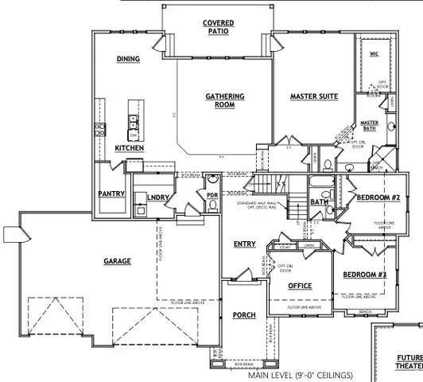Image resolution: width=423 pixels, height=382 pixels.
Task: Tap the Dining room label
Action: click(x=128, y=59)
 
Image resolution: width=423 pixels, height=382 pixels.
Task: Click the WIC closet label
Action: click(x=374, y=54)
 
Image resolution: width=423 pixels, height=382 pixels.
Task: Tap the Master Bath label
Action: click(x=371, y=125)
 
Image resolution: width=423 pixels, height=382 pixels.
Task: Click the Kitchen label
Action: click(x=129, y=148)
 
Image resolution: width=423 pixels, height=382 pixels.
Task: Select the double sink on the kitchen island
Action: click(x=134, y=122)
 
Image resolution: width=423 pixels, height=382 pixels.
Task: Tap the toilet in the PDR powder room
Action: click(x=213, y=205)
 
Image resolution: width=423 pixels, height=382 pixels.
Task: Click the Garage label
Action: click(x=117, y=260)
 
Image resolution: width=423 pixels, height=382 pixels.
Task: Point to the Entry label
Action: click(x=244, y=244)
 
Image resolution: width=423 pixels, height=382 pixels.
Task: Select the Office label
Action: click(x=300, y=286)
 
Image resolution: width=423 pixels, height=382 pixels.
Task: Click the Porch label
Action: click(x=243, y=315)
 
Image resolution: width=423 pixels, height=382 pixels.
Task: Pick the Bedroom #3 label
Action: click(x=364, y=275)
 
